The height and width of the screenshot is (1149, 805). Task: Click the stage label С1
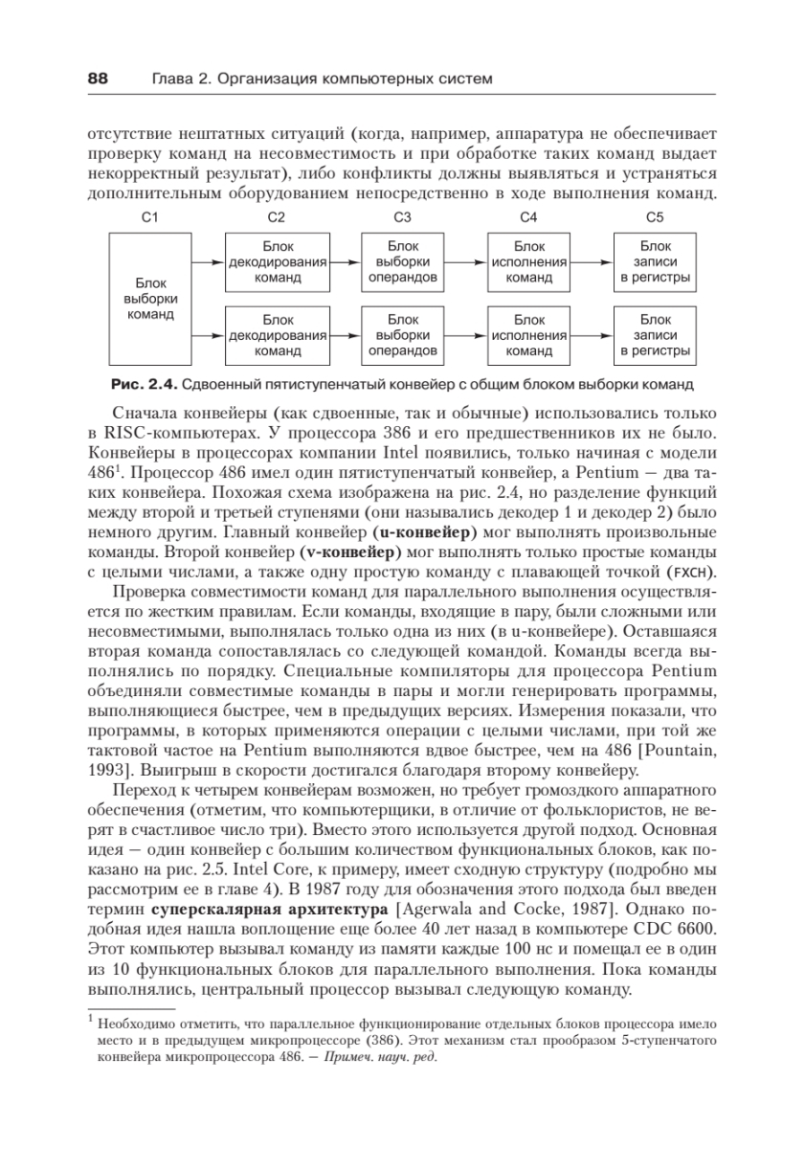[x=148, y=218]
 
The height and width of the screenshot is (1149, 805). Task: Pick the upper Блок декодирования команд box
[x=278, y=261]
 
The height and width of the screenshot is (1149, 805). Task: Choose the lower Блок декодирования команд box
[x=278, y=335]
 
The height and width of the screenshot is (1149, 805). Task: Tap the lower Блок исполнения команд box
[x=528, y=335]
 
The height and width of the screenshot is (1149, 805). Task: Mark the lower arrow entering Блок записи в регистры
[x=593, y=335]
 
